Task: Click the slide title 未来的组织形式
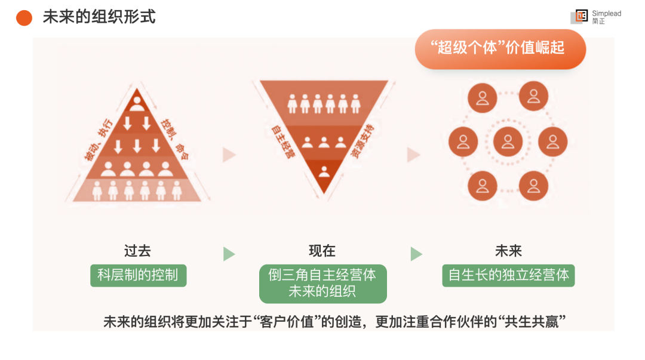(99, 17)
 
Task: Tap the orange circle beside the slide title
(24, 17)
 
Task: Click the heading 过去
(137, 251)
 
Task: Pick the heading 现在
(322, 251)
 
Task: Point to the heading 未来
(508, 251)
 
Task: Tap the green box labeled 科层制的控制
(138, 276)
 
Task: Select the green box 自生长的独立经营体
(508, 276)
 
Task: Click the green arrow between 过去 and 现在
(229, 254)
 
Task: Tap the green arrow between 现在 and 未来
(416, 254)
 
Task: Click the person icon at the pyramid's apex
(137, 104)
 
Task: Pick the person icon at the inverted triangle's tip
(324, 172)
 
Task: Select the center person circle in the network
(508, 141)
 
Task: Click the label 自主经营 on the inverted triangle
(283, 141)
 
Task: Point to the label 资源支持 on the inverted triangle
(363, 141)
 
